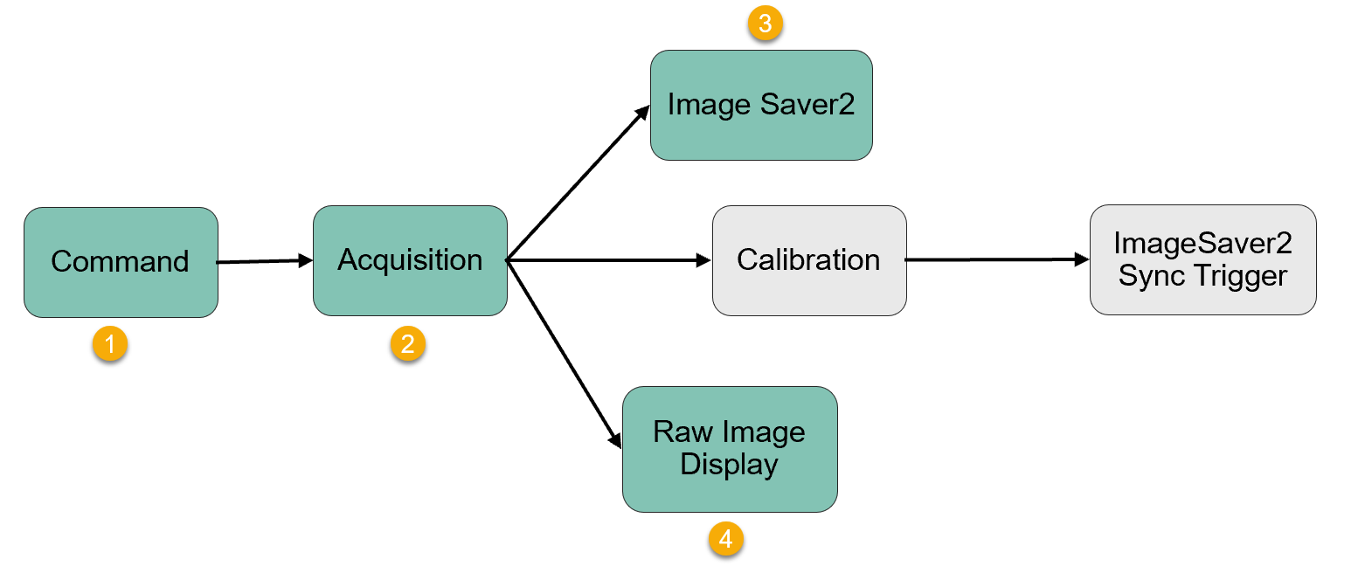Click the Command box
point(121,262)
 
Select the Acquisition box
point(410,260)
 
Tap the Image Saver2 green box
point(761,105)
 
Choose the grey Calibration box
point(809,260)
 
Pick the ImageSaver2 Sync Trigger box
point(1202,259)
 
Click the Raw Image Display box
point(730,449)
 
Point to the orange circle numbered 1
point(110,344)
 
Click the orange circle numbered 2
point(407,344)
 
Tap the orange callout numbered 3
point(765,24)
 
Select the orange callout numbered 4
point(725,540)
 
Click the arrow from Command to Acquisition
point(265,261)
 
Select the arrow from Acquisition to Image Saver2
point(579,183)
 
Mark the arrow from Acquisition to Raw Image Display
point(565,354)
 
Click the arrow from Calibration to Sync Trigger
point(997,259)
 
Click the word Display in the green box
point(730,465)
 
